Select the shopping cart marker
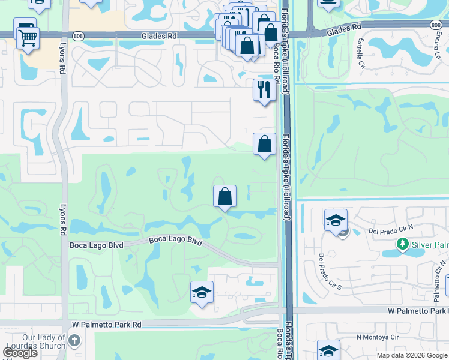click(28, 38)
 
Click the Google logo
click(19, 353)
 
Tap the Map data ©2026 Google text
click(412, 355)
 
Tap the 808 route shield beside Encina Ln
click(436, 25)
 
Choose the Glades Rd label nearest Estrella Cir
click(344, 28)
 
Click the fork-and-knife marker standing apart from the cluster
click(264, 89)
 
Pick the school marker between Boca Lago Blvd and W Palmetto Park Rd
click(202, 292)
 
